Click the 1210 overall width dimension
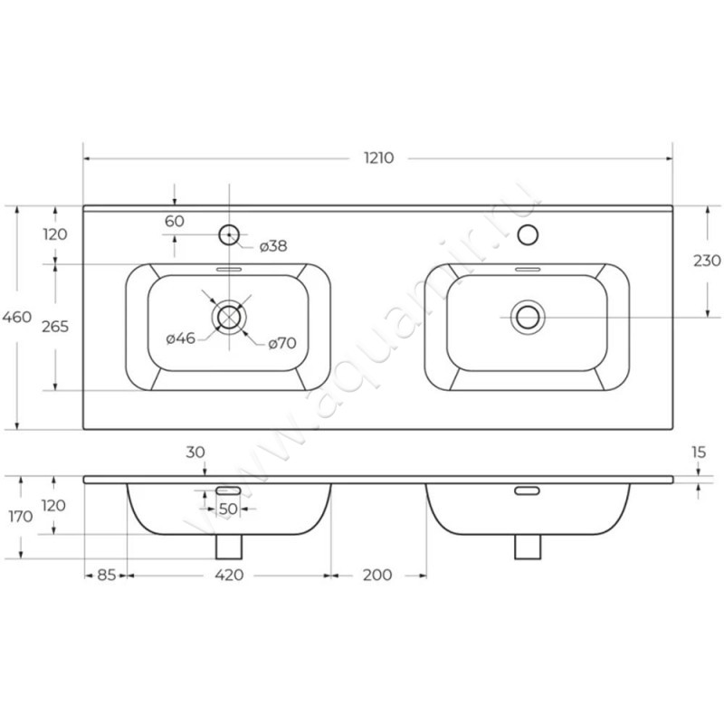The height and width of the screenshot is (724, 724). click(378, 157)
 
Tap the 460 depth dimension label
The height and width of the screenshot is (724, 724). click(16, 317)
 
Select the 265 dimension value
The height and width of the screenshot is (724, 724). click(55, 327)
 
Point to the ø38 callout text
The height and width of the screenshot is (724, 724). click(273, 246)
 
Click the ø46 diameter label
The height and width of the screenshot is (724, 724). click(180, 338)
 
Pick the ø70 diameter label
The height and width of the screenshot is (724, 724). click(282, 343)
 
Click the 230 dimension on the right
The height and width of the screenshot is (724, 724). click(707, 261)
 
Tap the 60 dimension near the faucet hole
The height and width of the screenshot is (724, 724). click(175, 221)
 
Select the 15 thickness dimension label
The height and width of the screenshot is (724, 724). click(699, 452)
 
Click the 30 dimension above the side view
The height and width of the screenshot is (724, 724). click(195, 452)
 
